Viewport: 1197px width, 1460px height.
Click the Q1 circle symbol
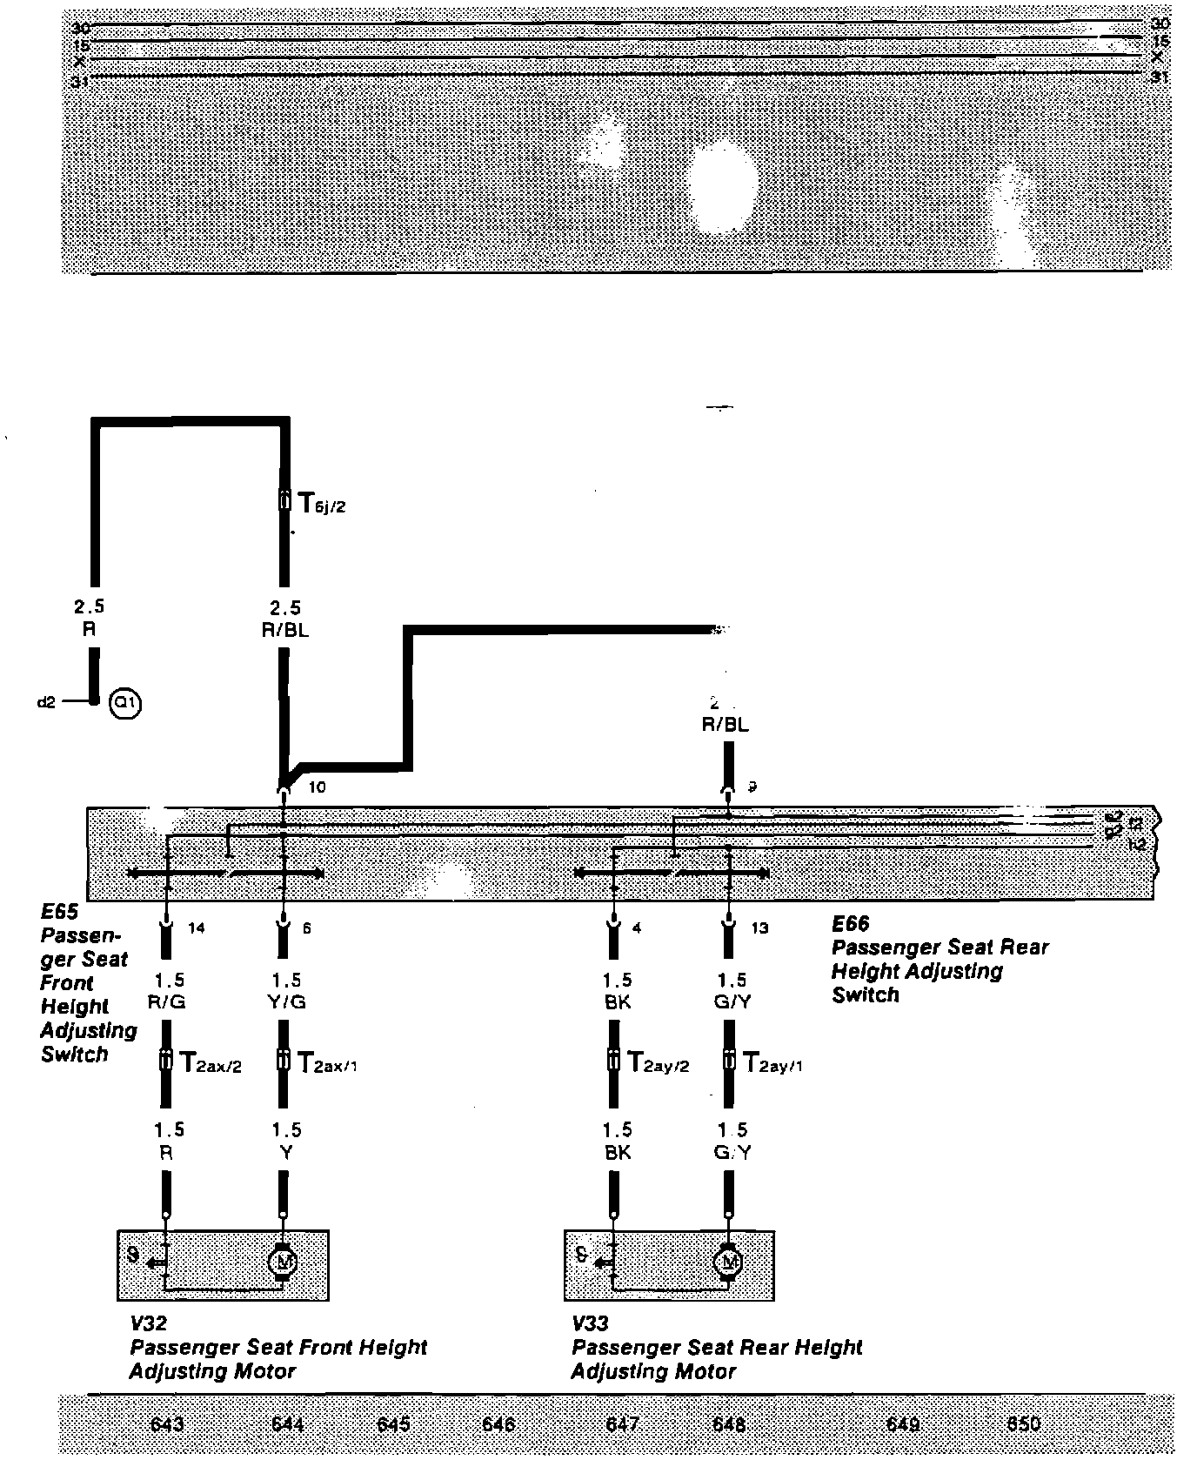[x=125, y=702]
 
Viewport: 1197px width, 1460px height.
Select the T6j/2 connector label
[x=321, y=503]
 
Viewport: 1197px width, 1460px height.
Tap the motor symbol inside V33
[x=727, y=1261]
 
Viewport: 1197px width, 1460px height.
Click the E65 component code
[x=60, y=912]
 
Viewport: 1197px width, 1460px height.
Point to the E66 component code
[x=850, y=924]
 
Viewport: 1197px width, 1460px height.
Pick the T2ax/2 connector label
[x=209, y=1063]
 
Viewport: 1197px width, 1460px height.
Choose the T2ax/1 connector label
[x=327, y=1063]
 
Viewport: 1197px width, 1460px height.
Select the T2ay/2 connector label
[x=658, y=1063]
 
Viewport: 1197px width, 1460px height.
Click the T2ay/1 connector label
[x=772, y=1063]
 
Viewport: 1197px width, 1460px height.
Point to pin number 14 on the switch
[x=197, y=928]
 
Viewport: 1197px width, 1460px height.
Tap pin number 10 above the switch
[x=317, y=787]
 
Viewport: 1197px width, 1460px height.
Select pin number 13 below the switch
[x=759, y=928]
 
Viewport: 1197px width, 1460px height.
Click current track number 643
[x=167, y=1424]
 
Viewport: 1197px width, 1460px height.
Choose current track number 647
[x=622, y=1424]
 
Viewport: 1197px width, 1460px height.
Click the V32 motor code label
[x=148, y=1323]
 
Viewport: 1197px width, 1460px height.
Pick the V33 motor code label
[x=590, y=1323]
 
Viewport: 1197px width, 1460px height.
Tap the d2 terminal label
[x=46, y=701]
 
